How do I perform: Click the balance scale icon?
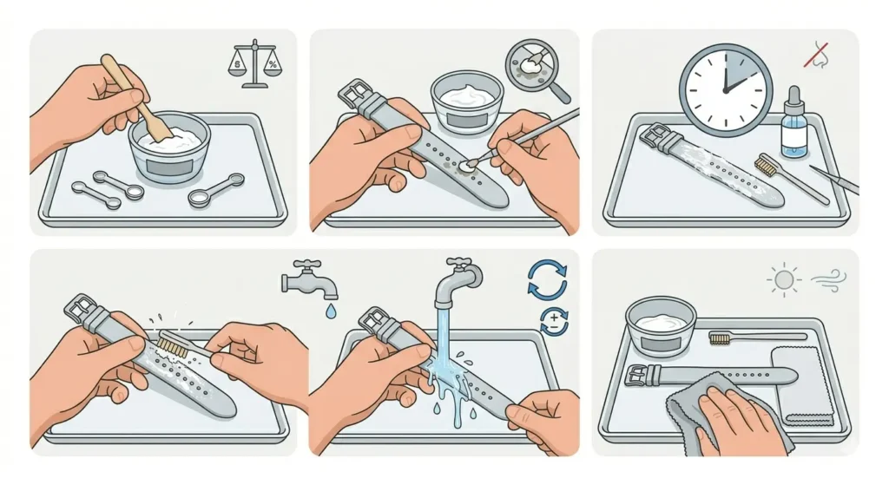pos(254,66)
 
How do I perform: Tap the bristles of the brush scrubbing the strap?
pos(172,345)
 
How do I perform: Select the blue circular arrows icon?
pos(547,279)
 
